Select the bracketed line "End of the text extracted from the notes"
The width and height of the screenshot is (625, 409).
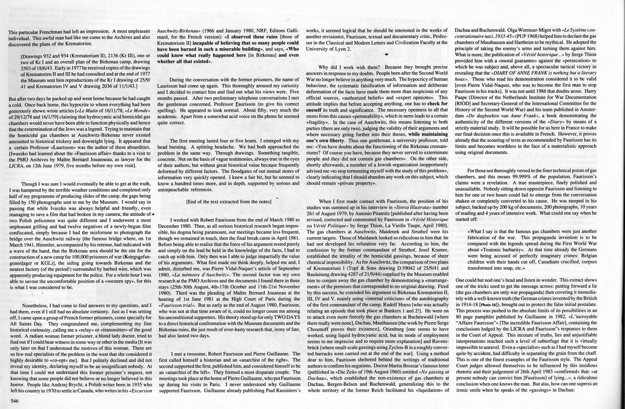(x=228, y=201)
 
